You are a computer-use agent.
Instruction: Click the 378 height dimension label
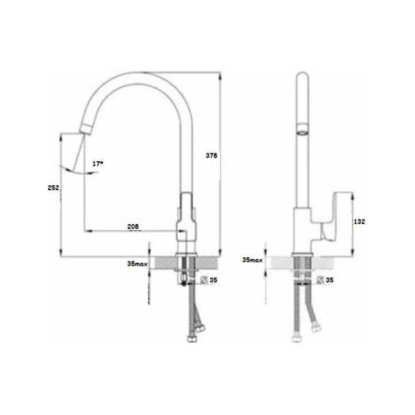pos(212,155)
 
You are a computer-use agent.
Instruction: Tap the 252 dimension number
pos(53,188)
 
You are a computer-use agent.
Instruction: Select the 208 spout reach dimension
pos(133,227)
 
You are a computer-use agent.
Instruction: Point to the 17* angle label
pos(98,164)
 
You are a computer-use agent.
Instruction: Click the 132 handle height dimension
pos(359,222)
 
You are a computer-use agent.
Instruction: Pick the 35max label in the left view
pos(138,264)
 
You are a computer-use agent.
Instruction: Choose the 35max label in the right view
pos(252,260)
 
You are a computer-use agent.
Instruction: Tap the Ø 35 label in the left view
pos(209,280)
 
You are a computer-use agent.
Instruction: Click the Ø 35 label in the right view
pos(325,280)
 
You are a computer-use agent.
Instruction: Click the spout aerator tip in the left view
pos(85,129)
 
